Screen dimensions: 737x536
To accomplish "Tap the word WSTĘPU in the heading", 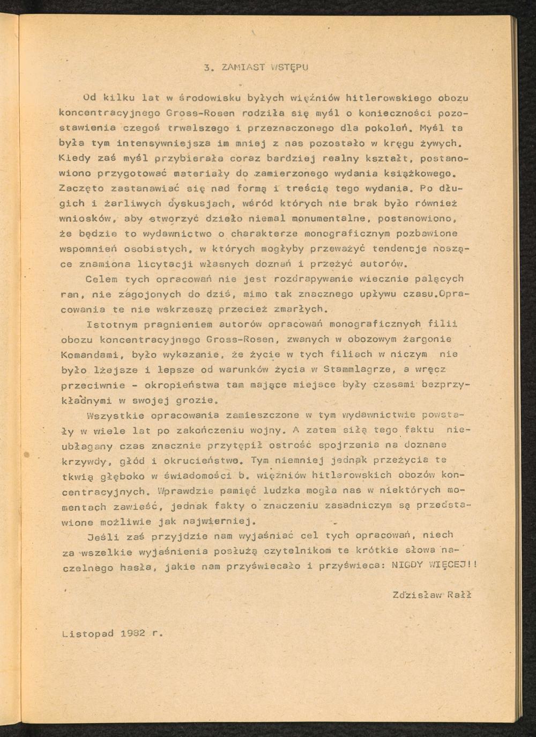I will pos(289,68).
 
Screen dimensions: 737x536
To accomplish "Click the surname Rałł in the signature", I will pos(459,595).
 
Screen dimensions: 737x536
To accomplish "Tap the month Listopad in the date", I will pos(87,633).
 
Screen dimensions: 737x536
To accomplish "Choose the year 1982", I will pos(132,633).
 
